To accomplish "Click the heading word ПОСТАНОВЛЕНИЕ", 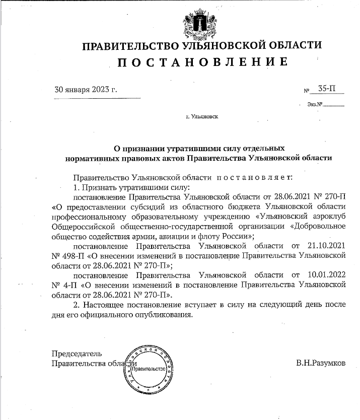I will (x=202, y=62).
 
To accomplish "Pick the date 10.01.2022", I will (x=325, y=275).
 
